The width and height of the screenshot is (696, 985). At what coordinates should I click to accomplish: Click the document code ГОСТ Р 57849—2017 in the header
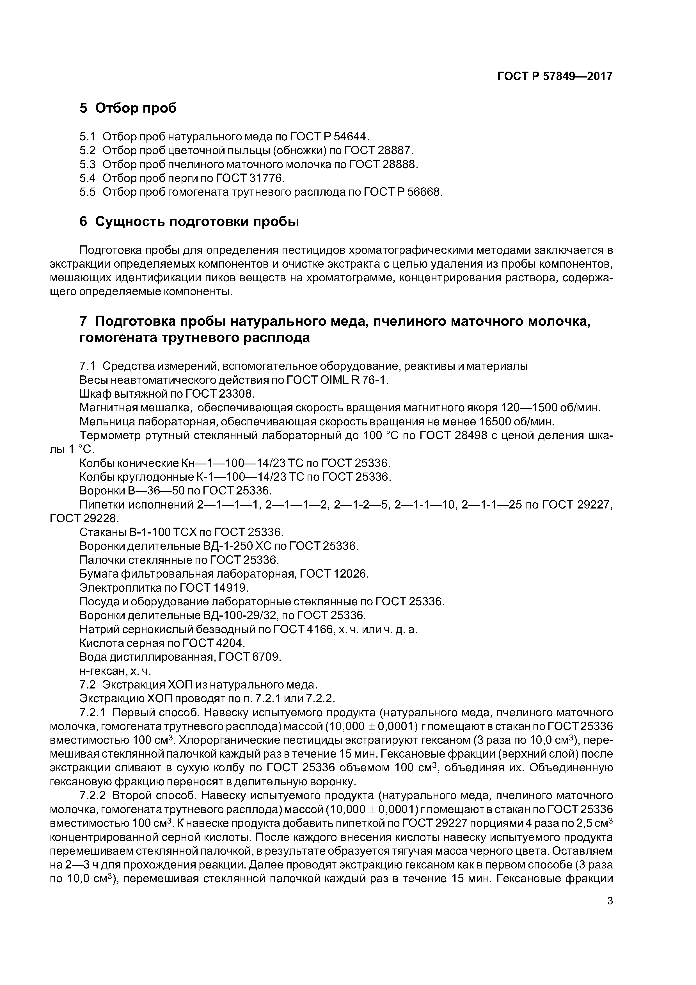click(x=555, y=76)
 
